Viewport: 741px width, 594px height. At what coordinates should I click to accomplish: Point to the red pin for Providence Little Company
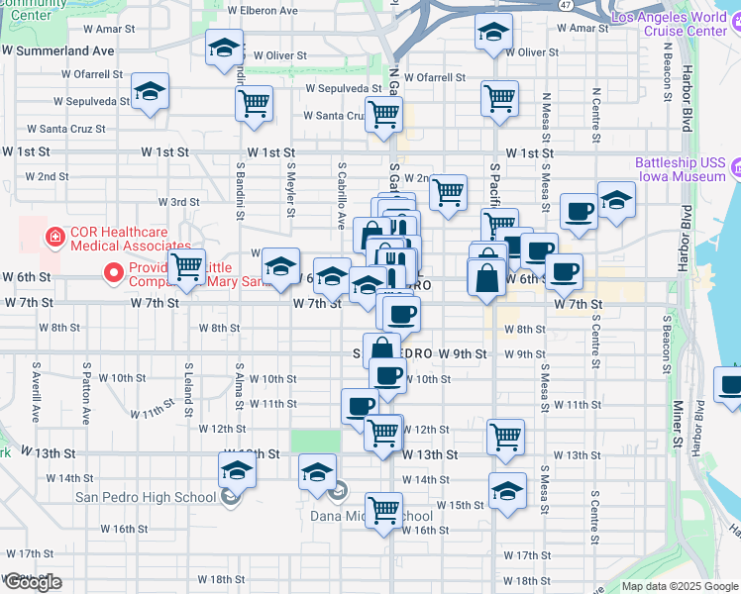[x=114, y=270]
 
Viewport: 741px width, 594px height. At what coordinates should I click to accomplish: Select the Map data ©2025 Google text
[x=680, y=586]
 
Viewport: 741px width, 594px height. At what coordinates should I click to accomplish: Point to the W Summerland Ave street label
[x=57, y=49]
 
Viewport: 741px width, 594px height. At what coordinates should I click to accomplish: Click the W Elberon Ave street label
[x=263, y=10]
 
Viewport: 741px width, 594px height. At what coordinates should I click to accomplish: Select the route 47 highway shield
[x=564, y=5]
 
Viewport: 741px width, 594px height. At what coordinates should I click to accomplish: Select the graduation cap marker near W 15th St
[x=506, y=490]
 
